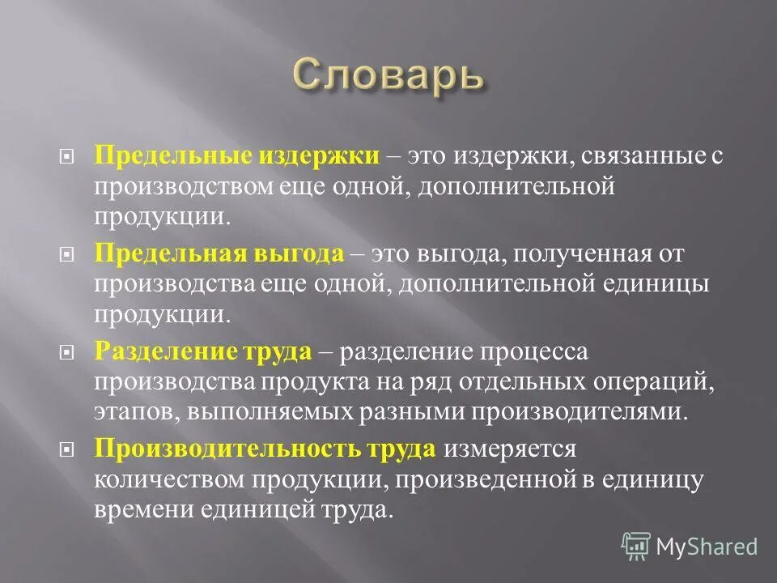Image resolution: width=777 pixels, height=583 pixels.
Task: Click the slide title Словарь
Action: click(x=388, y=77)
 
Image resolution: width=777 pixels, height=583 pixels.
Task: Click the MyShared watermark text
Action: click(x=707, y=546)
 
